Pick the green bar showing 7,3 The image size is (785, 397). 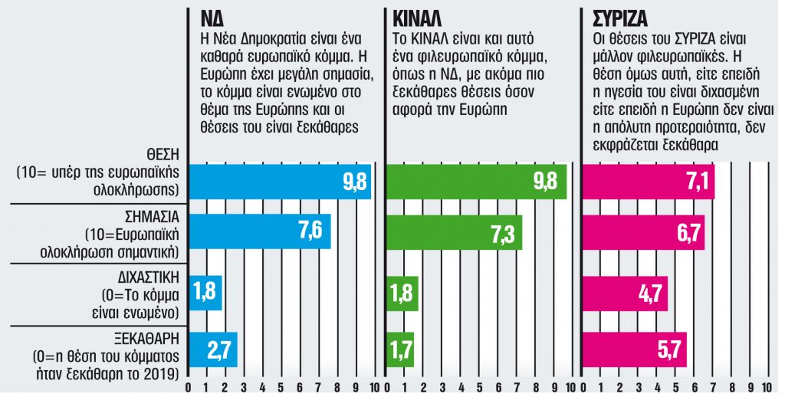pos(453,231)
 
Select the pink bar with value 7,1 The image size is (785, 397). pos(649,182)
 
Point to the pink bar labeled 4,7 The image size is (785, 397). pos(626,293)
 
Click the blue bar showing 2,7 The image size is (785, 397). pos(213,350)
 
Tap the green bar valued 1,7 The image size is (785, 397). pos(401,350)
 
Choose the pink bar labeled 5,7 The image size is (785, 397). pos(635,350)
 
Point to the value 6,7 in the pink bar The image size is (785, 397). pos(686,231)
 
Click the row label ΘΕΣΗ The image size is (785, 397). pos(160,154)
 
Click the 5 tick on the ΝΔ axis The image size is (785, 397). pos(281,388)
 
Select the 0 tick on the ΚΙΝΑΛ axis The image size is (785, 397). pos(385,388)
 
